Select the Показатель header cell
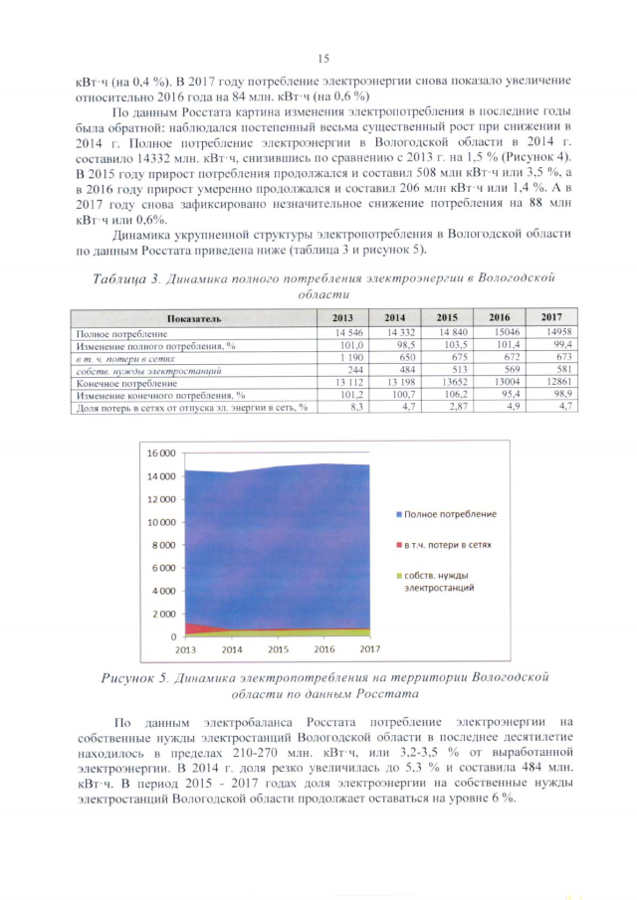(187, 316)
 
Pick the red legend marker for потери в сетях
(397, 546)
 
